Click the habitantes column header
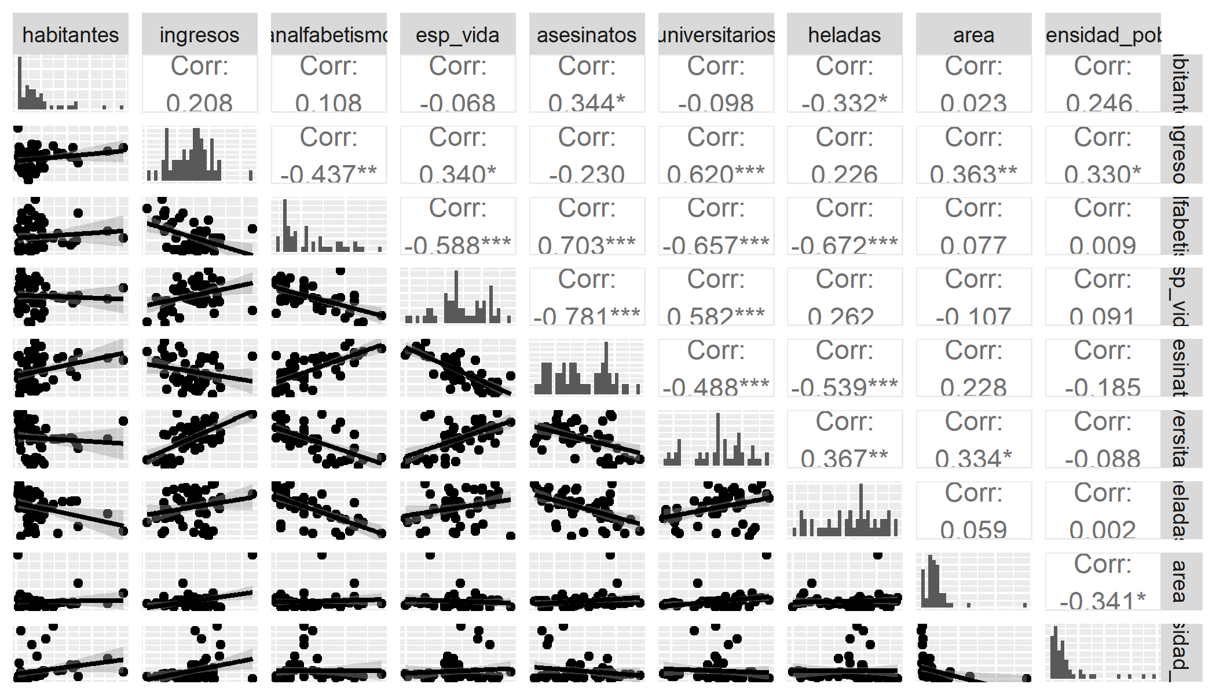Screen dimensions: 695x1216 (71, 35)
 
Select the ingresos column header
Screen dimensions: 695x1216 (199, 35)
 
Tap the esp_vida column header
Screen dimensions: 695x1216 (457, 35)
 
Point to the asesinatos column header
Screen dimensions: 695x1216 (587, 35)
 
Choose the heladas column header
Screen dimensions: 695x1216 (844, 35)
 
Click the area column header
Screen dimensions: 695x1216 (973, 35)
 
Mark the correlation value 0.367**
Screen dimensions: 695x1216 (844, 458)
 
